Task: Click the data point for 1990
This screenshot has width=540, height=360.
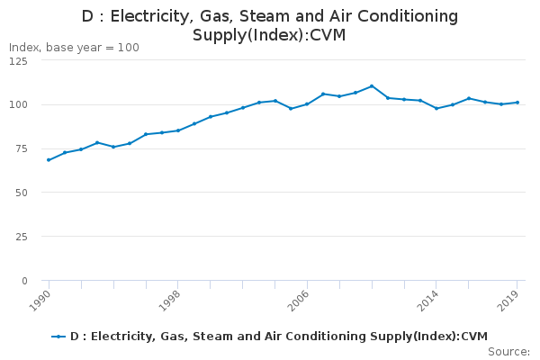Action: [49, 160]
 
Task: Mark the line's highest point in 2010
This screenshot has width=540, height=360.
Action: [372, 86]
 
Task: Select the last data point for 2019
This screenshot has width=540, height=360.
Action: [517, 103]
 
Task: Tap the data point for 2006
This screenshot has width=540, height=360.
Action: [307, 103]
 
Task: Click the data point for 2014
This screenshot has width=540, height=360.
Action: [436, 108]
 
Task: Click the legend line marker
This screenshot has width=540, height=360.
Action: [59, 337]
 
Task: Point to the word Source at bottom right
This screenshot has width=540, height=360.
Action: [508, 351]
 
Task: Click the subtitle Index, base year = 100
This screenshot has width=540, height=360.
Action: [74, 47]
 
